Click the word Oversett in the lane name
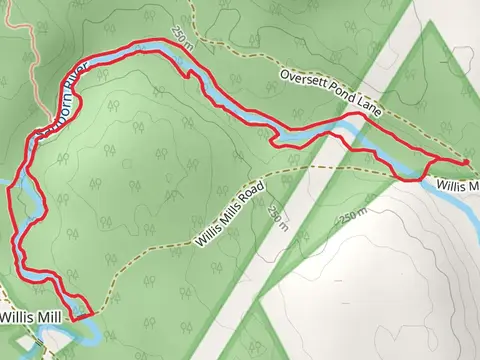click(x=302, y=76)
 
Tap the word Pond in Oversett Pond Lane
click(x=342, y=91)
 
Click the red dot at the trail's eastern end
click(x=466, y=162)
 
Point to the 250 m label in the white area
click(x=353, y=216)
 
